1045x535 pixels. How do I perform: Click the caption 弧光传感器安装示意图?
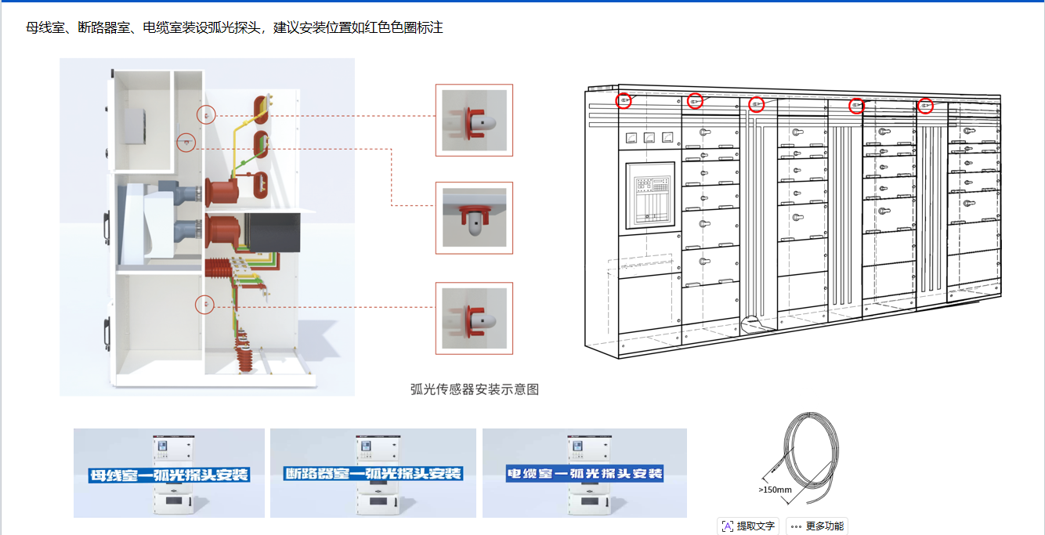(475, 389)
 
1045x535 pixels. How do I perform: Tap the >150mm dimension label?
(775, 490)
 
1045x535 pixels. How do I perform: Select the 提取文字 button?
(748, 526)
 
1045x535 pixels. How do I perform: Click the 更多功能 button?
(817, 526)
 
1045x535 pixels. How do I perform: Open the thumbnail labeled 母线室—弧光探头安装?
(169, 473)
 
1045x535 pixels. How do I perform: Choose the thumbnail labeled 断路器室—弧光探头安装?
(373, 473)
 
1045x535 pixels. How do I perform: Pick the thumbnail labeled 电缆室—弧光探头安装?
(584, 473)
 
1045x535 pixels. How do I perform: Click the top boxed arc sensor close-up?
(474, 120)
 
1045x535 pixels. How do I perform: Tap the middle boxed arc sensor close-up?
(474, 218)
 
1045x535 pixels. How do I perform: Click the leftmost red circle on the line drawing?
(624, 100)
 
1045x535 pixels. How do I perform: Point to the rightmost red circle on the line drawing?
(925, 106)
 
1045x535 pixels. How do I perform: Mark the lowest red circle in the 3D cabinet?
(204, 304)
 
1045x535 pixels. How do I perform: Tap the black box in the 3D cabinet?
(273, 232)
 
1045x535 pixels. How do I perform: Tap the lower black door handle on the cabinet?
(107, 332)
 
